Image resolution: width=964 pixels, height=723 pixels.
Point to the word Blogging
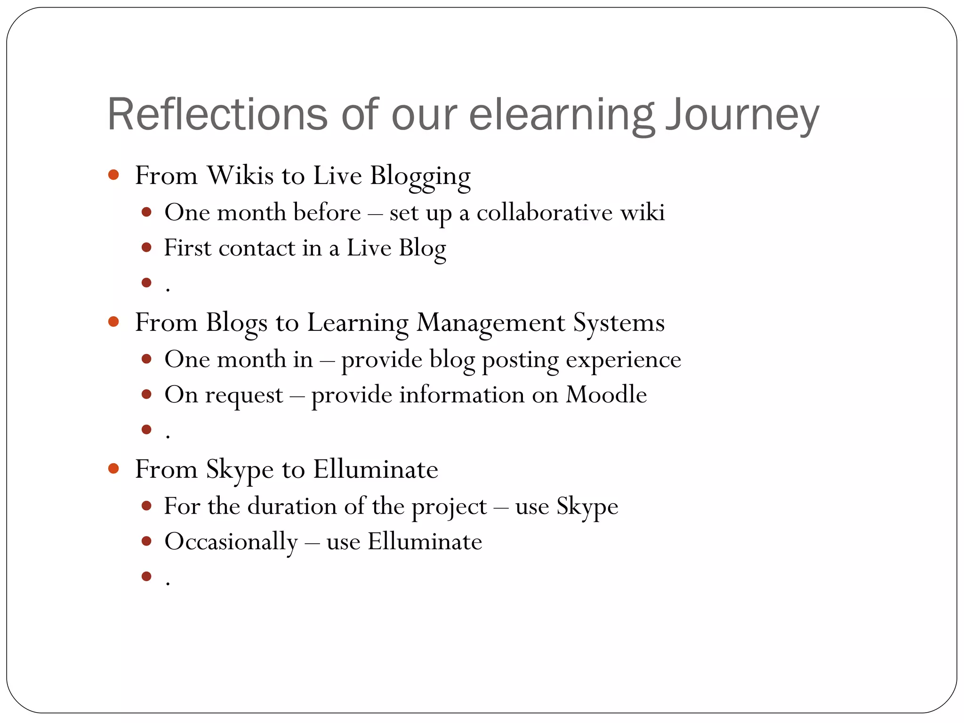[x=420, y=176]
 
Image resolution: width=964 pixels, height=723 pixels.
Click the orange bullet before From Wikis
[x=113, y=175]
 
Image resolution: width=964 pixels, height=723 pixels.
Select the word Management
[x=490, y=323]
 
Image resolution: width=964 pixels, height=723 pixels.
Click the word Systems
[x=619, y=323]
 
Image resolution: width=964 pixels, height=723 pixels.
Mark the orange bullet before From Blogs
[x=113, y=322]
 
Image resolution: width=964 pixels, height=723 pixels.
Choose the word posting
[x=520, y=360]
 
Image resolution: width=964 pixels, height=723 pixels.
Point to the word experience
[x=623, y=360]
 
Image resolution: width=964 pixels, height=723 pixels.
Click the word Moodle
[x=606, y=394]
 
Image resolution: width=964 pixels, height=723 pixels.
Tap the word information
[x=462, y=394]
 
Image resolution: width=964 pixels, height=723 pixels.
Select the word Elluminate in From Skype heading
[x=376, y=469]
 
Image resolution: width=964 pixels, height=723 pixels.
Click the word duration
[x=292, y=506]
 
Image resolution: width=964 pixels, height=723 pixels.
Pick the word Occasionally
[x=231, y=542]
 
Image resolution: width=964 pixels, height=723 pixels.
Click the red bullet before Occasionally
[x=146, y=541]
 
